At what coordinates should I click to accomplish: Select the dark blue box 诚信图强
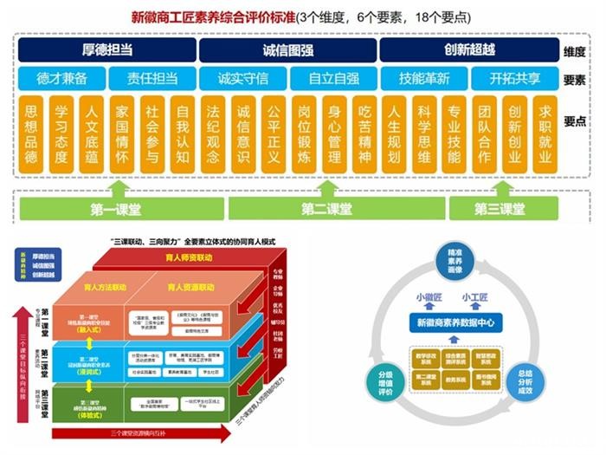tap(287, 50)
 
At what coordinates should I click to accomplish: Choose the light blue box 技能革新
tap(424, 79)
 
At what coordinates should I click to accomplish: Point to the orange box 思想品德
tap(31, 135)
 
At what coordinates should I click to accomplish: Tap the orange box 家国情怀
tap(121, 135)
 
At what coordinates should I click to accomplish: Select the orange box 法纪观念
tap(212, 135)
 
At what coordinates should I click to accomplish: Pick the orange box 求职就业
tap(545, 135)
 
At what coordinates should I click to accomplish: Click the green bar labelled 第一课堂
tap(118, 209)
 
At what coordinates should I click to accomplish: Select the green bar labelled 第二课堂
tap(327, 209)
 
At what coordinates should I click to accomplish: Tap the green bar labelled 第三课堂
tap(500, 209)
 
